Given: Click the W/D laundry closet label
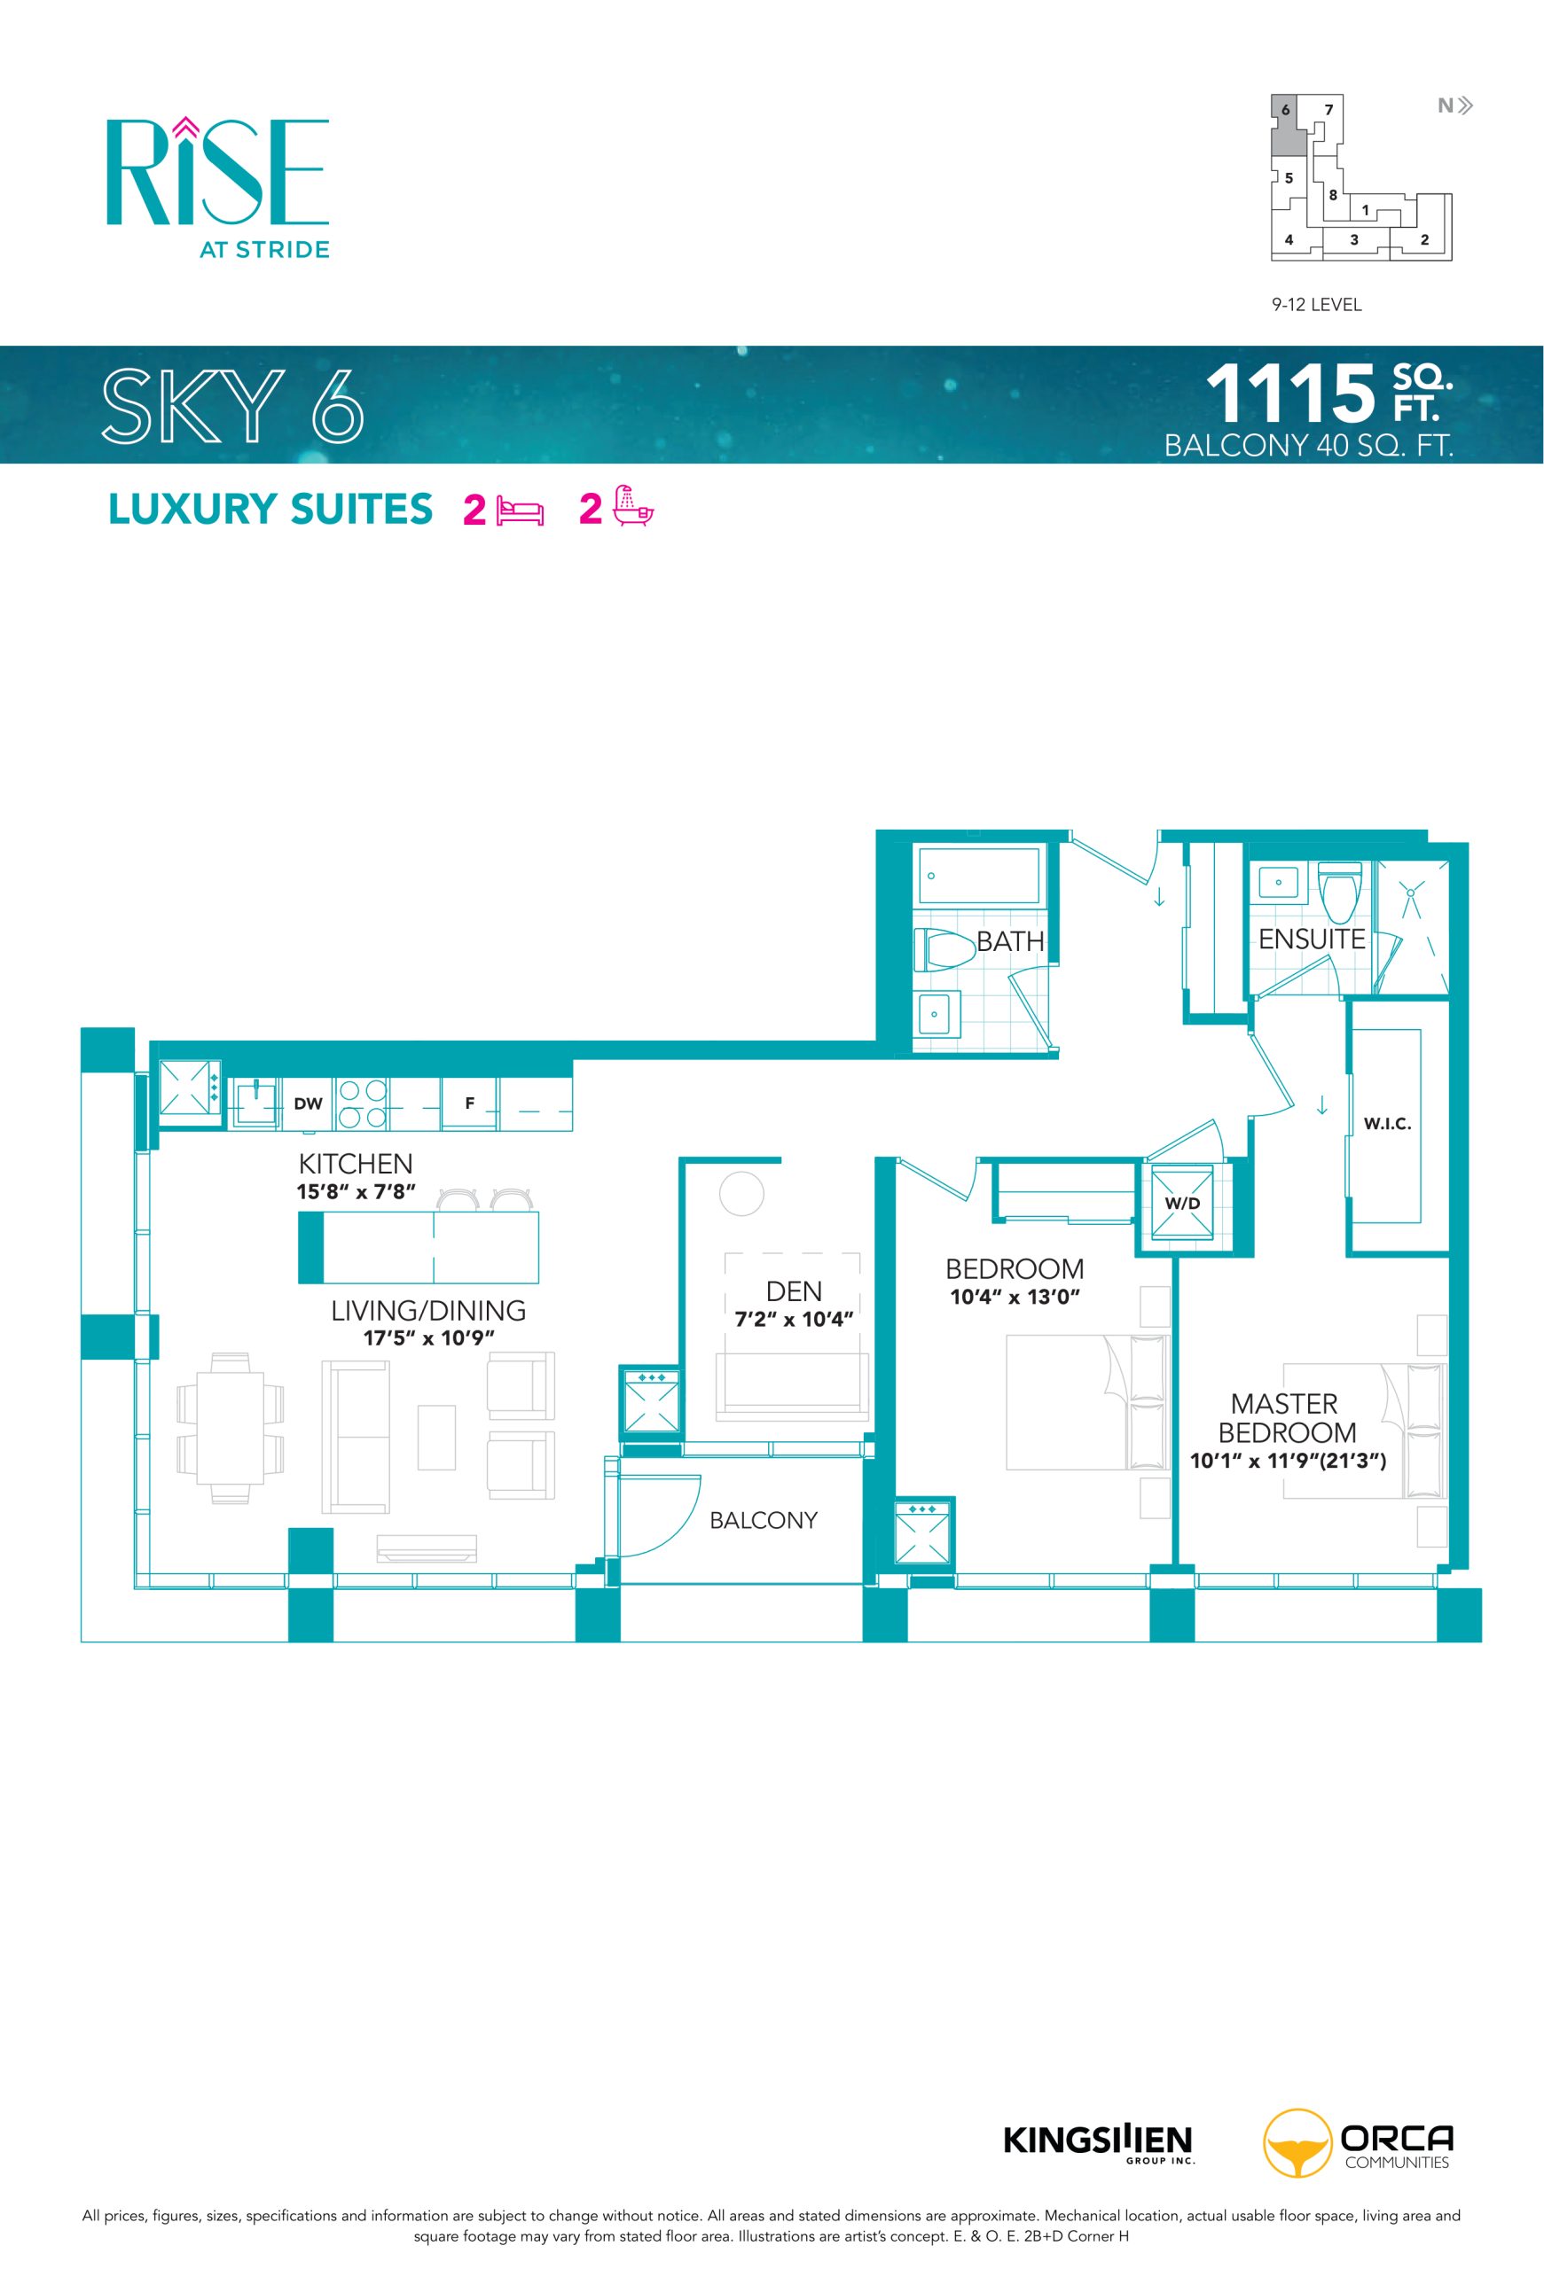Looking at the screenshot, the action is click(x=1181, y=1203).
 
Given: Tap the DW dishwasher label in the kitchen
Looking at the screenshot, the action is click(x=308, y=1103).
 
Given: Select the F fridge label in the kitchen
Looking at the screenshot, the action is click(x=470, y=1103).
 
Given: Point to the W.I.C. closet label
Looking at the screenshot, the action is click(x=1387, y=1124).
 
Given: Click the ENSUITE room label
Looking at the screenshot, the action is click(x=1311, y=940).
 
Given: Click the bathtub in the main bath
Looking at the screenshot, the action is click(x=980, y=875).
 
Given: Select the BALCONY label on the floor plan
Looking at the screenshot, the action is click(x=763, y=1520).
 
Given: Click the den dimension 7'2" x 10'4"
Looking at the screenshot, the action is click(x=794, y=1319).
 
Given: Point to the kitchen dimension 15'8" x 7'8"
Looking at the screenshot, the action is click(x=356, y=1191).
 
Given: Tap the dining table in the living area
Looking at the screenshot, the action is click(x=231, y=1429).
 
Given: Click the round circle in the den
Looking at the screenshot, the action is click(x=741, y=1193).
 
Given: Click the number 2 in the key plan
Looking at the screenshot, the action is click(x=1424, y=239).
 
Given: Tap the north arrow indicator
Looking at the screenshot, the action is click(x=1455, y=105).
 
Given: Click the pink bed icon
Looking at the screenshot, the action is click(x=520, y=511).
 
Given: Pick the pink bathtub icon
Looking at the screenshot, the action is click(x=633, y=507).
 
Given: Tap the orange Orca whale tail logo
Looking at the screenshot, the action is click(x=1296, y=2143).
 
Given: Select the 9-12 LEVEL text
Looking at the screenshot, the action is click(x=1315, y=305).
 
